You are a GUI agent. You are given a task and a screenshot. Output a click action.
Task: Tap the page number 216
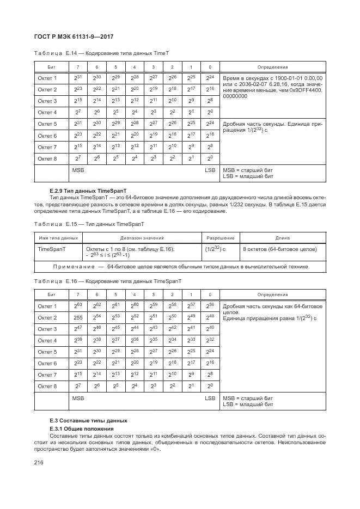(x=40, y=462)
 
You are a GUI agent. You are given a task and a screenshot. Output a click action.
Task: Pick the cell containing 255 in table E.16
(x=78, y=317)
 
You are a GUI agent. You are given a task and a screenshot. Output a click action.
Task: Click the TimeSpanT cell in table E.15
(x=51, y=249)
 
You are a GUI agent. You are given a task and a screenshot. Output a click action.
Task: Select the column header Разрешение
(x=221, y=238)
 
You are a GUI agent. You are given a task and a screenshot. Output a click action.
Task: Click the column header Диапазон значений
(x=142, y=238)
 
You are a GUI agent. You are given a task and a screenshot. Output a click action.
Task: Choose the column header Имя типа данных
(x=58, y=238)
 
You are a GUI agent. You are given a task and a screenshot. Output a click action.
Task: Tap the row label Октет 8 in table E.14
(x=47, y=158)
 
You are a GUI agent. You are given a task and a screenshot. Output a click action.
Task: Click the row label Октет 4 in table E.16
(x=47, y=340)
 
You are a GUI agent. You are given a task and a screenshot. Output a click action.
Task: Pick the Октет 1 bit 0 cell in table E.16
(x=210, y=306)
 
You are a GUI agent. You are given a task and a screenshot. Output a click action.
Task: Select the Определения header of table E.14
(x=272, y=66)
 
